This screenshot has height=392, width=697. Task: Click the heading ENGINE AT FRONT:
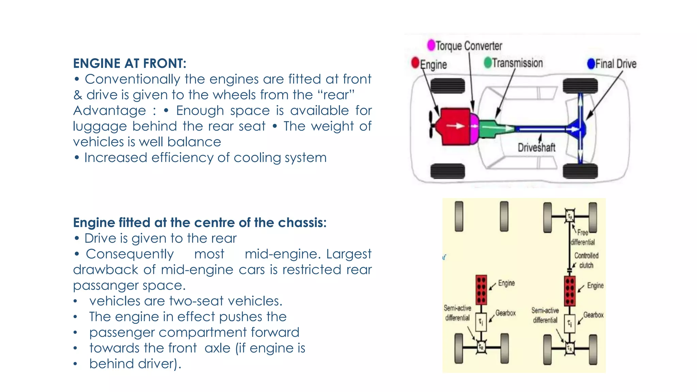point(129,64)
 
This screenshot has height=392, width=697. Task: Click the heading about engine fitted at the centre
point(199,223)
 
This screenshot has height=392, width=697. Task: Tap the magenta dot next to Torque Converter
point(431,45)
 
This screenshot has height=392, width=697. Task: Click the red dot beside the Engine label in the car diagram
point(415,63)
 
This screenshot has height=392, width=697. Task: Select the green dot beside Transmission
point(488,63)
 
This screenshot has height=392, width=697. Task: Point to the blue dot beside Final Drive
point(591,64)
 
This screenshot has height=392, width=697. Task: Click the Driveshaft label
point(536,148)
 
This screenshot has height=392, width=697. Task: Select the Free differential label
point(583,238)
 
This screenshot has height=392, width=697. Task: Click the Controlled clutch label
point(586,260)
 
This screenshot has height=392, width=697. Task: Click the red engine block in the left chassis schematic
point(481,290)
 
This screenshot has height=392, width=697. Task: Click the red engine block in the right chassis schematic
point(570,291)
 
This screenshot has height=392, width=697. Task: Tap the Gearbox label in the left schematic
point(505,313)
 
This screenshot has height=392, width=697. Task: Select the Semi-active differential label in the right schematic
point(545,315)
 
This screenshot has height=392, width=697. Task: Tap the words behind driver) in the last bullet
point(135,364)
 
